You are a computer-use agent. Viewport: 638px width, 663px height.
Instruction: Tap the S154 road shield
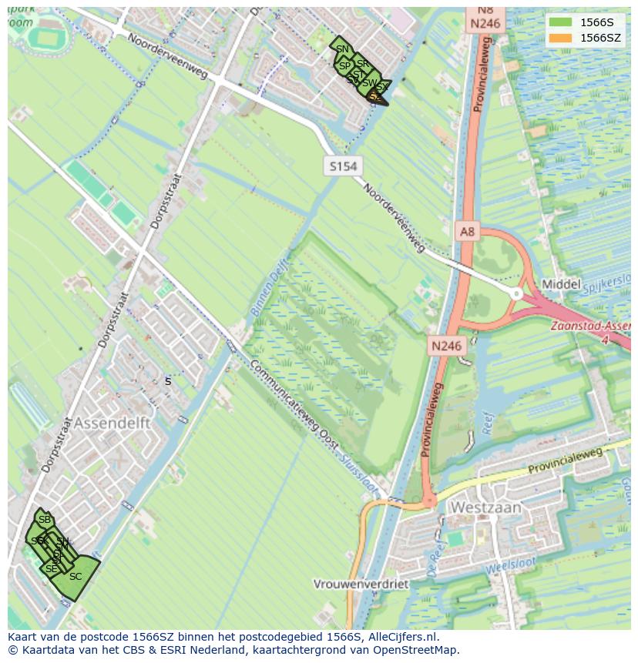(x=343, y=166)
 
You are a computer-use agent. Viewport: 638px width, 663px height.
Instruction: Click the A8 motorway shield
(x=467, y=231)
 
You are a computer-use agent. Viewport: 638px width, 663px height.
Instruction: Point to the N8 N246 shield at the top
(x=485, y=17)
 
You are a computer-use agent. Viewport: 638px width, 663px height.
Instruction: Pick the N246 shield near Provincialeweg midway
(x=446, y=346)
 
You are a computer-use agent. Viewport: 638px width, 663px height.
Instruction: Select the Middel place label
(x=561, y=284)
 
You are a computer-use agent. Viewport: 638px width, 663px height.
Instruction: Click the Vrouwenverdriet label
(x=361, y=584)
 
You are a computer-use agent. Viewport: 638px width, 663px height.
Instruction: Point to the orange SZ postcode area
(x=375, y=97)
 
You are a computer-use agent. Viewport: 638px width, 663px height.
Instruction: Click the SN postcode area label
(x=342, y=49)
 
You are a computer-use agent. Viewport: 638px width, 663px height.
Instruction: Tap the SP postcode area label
(x=344, y=66)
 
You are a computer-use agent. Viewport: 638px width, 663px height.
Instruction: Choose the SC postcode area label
(x=76, y=577)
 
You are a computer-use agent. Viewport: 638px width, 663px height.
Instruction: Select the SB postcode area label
(x=44, y=520)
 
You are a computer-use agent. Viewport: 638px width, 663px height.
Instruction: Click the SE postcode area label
(x=51, y=569)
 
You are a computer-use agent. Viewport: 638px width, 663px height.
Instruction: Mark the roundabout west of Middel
(x=516, y=293)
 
